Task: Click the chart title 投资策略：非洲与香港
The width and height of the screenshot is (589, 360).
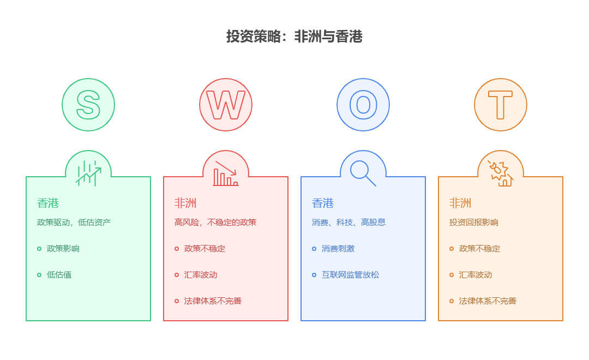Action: (x=294, y=37)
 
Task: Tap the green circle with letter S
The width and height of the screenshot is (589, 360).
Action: (x=88, y=105)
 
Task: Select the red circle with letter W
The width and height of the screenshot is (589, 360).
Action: (x=226, y=105)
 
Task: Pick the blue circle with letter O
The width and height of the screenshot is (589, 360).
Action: (x=363, y=105)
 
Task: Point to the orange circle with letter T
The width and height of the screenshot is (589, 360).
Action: (x=501, y=105)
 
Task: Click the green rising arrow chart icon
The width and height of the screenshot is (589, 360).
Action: (x=88, y=173)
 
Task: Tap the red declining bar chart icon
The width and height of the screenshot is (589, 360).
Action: (x=226, y=173)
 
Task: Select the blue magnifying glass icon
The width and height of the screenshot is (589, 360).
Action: (x=363, y=173)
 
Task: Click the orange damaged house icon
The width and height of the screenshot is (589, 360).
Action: (x=501, y=173)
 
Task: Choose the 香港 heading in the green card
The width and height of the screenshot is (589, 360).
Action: (x=48, y=203)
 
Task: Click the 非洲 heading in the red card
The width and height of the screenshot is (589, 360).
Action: (x=185, y=203)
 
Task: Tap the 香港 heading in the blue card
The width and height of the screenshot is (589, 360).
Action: (x=323, y=203)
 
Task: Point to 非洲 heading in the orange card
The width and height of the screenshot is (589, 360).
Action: (x=460, y=203)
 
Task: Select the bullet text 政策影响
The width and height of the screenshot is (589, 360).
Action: (x=63, y=249)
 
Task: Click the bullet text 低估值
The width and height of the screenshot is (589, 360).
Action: (x=59, y=275)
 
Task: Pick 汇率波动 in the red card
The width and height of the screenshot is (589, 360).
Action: (x=201, y=275)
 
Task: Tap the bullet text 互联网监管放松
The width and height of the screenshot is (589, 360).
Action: (x=350, y=275)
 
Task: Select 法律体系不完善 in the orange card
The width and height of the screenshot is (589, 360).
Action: (x=488, y=301)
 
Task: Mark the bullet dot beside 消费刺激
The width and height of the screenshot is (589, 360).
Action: (x=314, y=249)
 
